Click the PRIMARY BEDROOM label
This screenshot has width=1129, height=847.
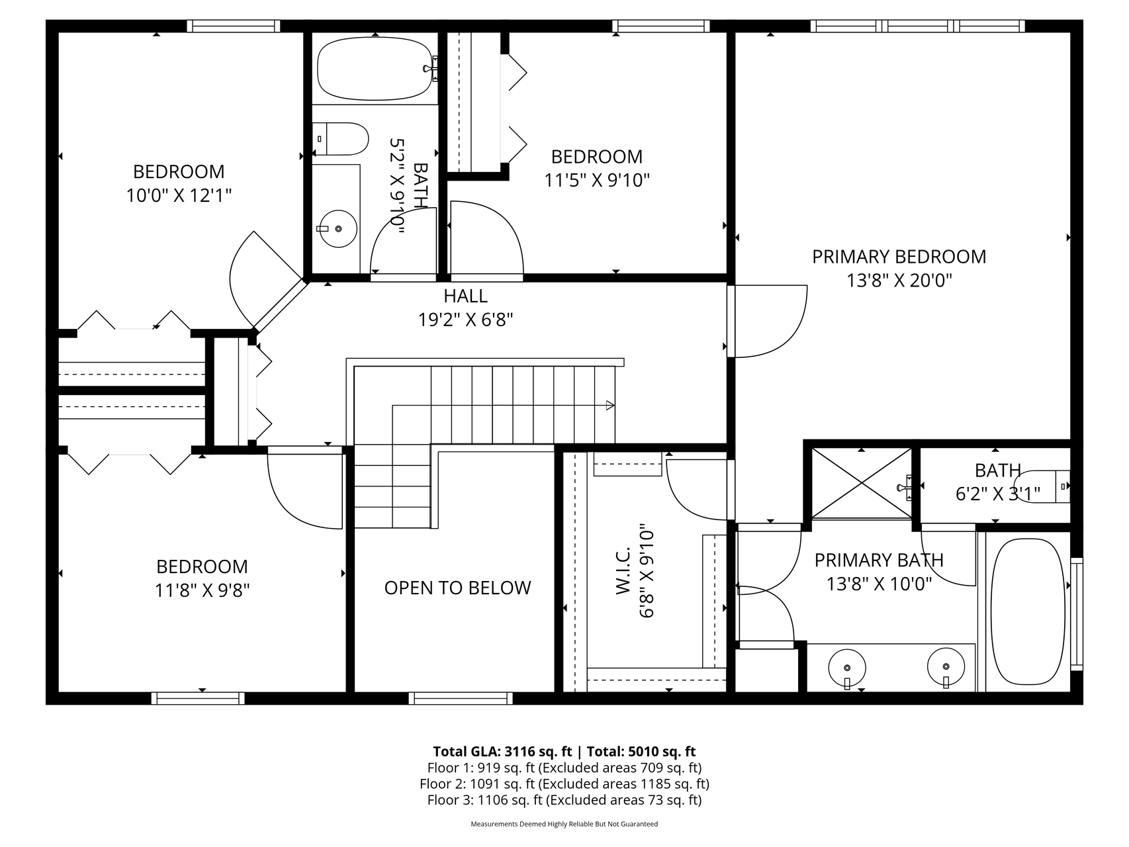point(899,257)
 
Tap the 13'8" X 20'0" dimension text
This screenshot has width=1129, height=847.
point(899,281)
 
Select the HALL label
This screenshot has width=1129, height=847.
point(466,296)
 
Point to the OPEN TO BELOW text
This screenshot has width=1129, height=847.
point(457,588)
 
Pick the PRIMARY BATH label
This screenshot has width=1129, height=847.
point(879,560)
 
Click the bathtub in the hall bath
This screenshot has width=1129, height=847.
point(375,68)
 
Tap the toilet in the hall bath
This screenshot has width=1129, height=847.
point(340,139)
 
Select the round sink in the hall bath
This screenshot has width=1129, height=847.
point(338,228)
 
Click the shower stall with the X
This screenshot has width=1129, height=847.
point(862,483)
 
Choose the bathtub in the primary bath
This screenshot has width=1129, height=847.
point(1028,612)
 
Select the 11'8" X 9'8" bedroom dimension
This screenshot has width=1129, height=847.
point(202,590)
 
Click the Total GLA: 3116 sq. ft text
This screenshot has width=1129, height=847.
point(502,751)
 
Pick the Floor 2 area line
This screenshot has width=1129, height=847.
point(564,784)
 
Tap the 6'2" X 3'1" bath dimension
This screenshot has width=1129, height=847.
point(997,494)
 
